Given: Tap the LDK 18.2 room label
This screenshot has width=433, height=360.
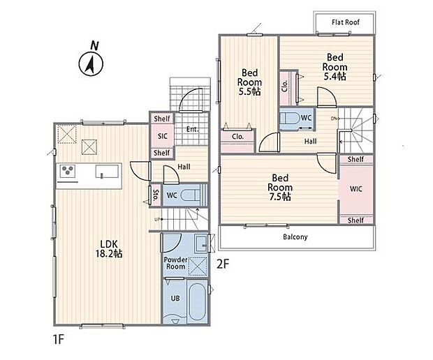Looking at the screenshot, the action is coord(109,249).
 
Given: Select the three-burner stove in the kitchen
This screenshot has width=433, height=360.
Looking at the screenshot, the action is coord(68,170).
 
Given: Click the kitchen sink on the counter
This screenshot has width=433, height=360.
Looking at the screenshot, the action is coord(107,172).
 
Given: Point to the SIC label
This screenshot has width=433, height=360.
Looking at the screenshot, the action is coord(162,136).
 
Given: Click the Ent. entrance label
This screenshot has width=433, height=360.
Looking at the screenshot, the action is coord(192,129).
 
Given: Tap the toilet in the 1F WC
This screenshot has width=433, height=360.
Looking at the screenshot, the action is coord(191,195).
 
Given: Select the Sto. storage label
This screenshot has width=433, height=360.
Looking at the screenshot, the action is coord(156,195).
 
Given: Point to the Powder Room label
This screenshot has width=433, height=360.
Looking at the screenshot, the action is coord(175,263).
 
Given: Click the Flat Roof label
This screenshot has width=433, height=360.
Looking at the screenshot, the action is coord(346,22).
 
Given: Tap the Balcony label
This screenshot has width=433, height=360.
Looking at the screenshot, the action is coord(295,237).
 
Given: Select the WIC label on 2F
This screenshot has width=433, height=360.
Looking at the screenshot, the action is coord(356,189).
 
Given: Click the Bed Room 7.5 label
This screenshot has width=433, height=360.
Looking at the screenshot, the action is coord(280,187).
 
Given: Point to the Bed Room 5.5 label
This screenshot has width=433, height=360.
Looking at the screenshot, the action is coord(249,82).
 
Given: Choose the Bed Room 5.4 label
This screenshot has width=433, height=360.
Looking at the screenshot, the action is coord(335,67).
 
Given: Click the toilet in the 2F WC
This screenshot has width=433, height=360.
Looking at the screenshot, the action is coord(290,119).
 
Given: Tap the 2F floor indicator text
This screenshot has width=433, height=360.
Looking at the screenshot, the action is coord(223,264).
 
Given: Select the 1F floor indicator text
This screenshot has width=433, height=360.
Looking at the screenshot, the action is coord(59,339).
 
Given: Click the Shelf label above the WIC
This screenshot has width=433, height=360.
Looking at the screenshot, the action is coord(355,159).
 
